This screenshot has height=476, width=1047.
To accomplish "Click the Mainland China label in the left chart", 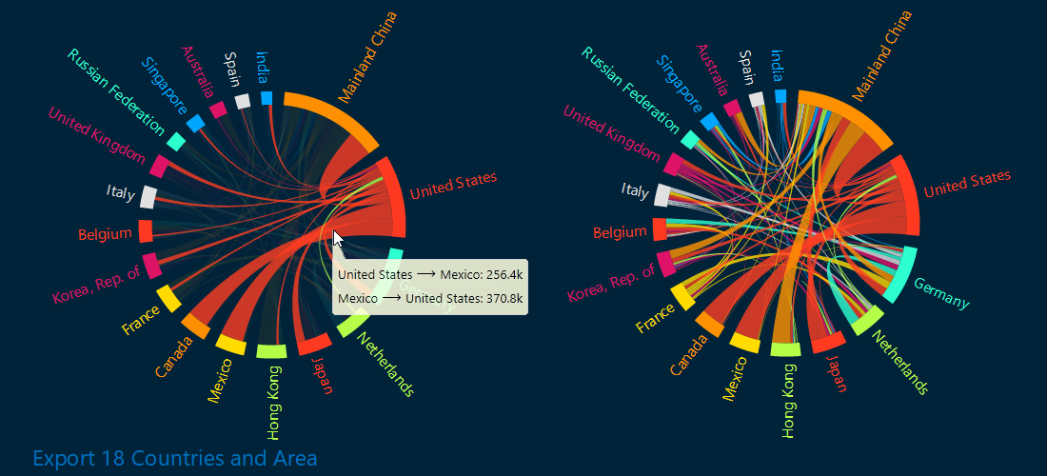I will (x=369, y=56).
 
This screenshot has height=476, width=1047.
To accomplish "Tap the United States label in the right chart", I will (x=967, y=184).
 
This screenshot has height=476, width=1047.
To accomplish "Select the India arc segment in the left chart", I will (x=267, y=98).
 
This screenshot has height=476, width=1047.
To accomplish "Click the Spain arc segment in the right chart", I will (x=757, y=99).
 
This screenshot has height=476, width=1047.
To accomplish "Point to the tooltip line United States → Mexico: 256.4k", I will (x=431, y=274).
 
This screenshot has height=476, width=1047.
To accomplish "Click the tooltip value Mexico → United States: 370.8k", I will (x=431, y=298).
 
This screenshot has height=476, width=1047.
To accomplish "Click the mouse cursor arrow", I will (x=338, y=238).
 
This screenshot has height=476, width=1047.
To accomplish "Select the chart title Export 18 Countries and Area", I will (x=174, y=459).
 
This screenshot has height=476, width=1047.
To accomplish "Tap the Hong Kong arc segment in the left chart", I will (x=271, y=351).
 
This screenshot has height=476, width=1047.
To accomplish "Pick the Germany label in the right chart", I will (x=941, y=294).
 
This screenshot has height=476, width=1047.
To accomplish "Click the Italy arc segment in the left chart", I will (x=148, y=197).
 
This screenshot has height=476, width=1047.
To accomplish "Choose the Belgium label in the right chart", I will (x=620, y=232).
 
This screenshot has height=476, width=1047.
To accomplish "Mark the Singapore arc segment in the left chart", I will (x=195, y=124).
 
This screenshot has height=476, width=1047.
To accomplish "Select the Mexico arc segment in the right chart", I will (x=744, y=343).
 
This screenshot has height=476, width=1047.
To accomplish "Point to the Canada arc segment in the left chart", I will (x=195, y=326).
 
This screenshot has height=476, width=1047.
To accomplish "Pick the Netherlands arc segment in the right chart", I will (x=867, y=321).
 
